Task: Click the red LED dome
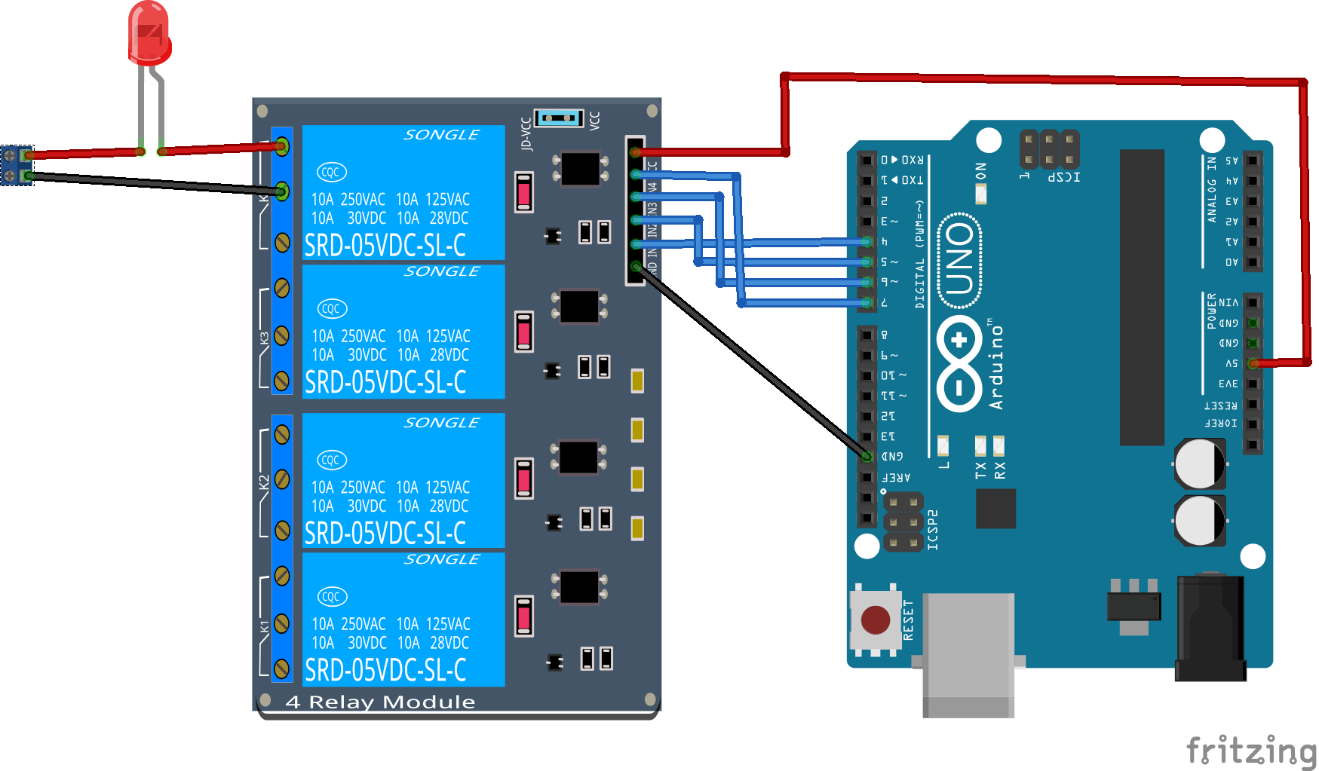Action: click(x=149, y=32)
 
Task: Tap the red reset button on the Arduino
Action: click(x=875, y=620)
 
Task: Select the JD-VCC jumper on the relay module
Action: click(x=559, y=118)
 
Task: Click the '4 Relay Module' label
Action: click(x=380, y=702)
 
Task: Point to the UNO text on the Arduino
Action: click(x=959, y=260)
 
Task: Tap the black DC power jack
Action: click(x=1210, y=629)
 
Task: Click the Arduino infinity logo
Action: click(x=959, y=363)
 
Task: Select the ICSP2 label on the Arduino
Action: click(x=933, y=529)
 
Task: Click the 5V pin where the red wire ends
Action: click(x=1253, y=363)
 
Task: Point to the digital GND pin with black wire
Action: click(x=867, y=456)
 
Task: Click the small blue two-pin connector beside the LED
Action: click(x=17, y=166)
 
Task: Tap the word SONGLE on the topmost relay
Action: click(x=441, y=135)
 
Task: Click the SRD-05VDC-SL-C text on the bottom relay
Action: click(x=385, y=670)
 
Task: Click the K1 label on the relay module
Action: click(x=264, y=626)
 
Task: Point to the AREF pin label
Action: click(x=897, y=477)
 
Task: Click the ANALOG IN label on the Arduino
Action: click(x=1212, y=189)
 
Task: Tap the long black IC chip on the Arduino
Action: click(x=1142, y=297)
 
